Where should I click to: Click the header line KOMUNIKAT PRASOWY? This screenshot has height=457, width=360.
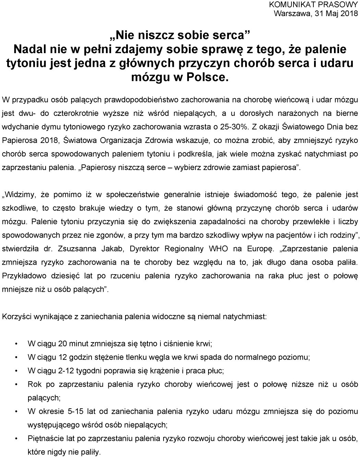[314, 5]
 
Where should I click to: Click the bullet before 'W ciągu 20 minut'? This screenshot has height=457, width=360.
[16, 344]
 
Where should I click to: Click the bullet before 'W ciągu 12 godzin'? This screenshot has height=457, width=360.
[16, 357]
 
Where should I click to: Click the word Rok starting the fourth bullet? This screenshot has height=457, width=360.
[34, 384]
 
